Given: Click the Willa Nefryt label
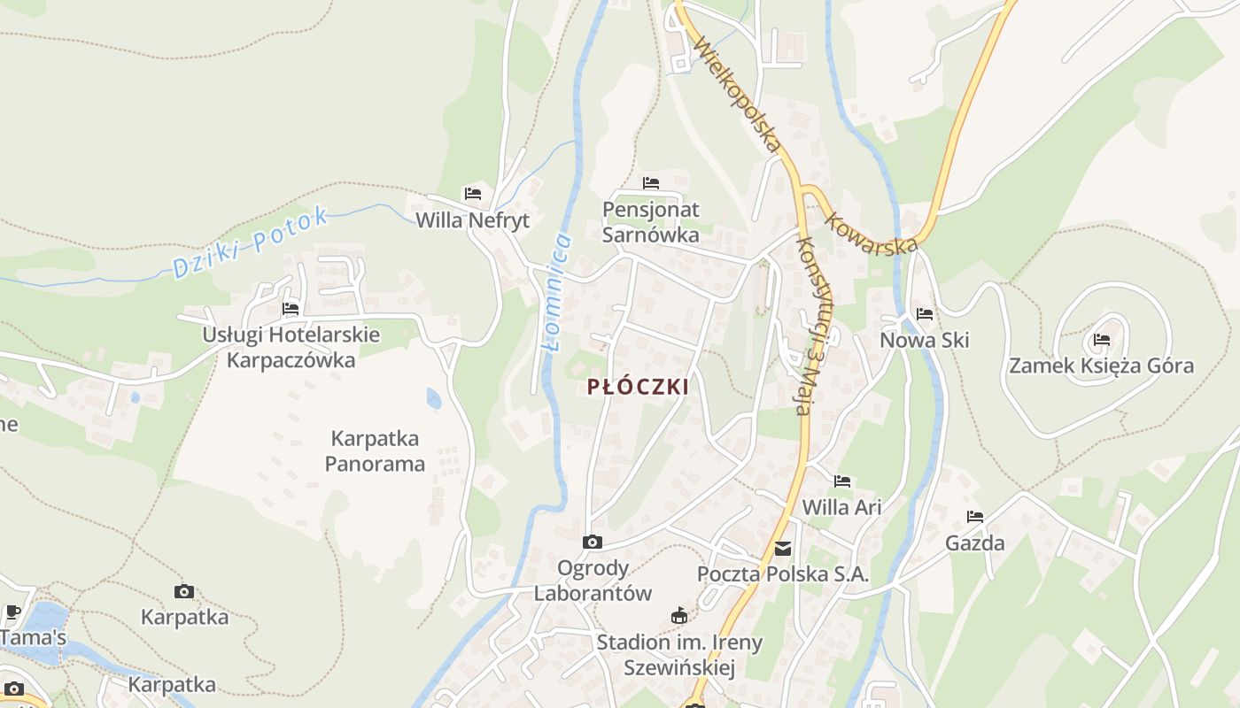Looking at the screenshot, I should tap(473, 220).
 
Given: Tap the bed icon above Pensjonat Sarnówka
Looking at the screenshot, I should tap(651, 183).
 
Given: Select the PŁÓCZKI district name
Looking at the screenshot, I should tap(638, 387).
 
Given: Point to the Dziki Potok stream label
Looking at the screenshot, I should tap(251, 242).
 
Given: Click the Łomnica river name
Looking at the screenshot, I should tap(555, 292).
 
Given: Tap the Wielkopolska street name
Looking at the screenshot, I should tap(737, 92).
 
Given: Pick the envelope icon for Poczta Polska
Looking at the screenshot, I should tap(783, 549).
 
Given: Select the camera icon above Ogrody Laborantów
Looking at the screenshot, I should tap(593, 542).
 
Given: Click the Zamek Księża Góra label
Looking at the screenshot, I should tap(1101, 366).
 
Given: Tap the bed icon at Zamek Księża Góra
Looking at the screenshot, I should tap(1102, 339).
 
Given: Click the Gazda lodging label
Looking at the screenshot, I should tap(975, 543).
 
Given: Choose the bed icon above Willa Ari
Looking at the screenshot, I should tap(842, 481).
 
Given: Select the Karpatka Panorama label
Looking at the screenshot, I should tap(375, 451).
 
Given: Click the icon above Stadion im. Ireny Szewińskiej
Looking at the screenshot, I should tap(679, 616).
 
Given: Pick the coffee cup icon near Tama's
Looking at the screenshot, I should tap(12, 612).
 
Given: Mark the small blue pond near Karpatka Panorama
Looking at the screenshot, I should tap(434, 398).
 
